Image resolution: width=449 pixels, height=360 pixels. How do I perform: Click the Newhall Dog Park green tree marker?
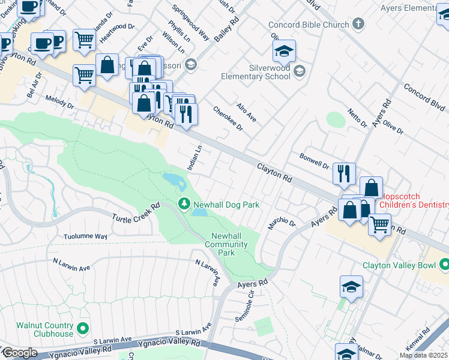(184, 205)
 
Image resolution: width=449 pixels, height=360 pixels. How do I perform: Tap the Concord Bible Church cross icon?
(358, 25)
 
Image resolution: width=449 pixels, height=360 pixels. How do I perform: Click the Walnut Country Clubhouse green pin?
(83, 329)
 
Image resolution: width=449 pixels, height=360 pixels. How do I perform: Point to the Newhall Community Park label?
(226, 244)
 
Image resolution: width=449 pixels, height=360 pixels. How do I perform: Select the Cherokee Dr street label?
(228, 118)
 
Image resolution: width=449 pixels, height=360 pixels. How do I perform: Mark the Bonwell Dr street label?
(315, 160)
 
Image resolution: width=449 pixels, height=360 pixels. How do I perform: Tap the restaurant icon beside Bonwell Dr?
(344, 174)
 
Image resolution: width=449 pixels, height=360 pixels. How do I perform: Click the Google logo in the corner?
(19, 353)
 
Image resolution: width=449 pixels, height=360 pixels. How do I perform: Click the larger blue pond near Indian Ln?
(173, 179)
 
